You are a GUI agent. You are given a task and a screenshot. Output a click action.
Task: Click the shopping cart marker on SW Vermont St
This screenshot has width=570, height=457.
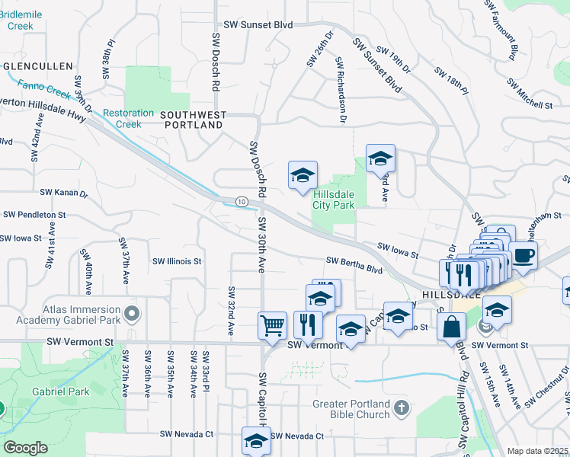pyautogui.click(x=272, y=325)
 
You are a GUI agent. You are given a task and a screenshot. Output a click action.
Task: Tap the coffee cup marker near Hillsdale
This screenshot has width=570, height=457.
pyautogui.click(x=523, y=256)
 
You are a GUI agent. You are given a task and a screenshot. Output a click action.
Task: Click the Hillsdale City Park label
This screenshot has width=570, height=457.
pyautogui.click(x=335, y=200)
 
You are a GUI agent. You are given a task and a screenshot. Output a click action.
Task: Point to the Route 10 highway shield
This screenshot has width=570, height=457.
pyautogui.click(x=242, y=201)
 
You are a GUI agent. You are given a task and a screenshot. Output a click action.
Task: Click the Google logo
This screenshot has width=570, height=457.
pyautogui.click(x=25, y=448)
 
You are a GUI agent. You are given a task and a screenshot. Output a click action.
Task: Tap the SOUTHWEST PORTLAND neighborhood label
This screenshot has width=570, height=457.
pyautogui.click(x=193, y=120)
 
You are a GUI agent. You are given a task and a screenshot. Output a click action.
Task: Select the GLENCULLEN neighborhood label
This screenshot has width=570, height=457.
pyautogui.click(x=37, y=66)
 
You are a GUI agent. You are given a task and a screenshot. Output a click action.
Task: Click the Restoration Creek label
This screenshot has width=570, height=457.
pyautogui.click(x=123, y=119)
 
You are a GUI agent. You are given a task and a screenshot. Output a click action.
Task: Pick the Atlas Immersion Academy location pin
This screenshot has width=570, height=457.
pyautogui.click(x=132, y=313)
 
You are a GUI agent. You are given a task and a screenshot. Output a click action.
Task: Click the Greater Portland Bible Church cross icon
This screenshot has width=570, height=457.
pyautogui.click(x=403, y=409)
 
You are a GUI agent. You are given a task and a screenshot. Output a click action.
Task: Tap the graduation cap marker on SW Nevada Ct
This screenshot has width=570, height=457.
pyautogui.click(x=256, y=440)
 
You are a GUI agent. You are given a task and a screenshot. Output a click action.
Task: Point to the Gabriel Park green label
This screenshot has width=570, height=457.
pyautogui.click(x=60, y=392)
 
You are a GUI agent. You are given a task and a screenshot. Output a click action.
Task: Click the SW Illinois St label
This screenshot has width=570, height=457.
pyautogui.click(x=176, y=261)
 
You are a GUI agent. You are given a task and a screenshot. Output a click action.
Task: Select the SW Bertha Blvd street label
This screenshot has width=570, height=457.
pyautogui.click(x=354, y=264)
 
